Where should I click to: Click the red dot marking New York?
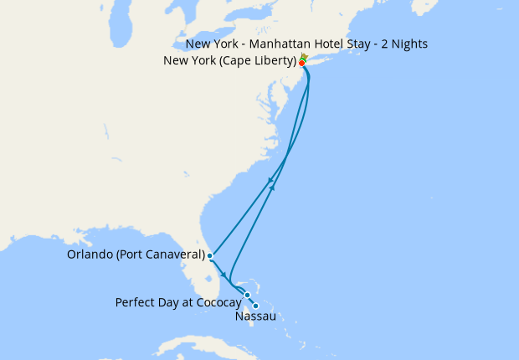301,63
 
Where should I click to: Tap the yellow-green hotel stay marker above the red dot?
304,57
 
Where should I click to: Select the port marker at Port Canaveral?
210,255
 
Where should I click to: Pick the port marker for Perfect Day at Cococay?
248,295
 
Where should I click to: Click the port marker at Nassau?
255,306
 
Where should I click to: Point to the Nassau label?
255,317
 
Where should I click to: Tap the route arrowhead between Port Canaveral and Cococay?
224,275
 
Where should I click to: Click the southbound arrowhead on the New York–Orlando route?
270,181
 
